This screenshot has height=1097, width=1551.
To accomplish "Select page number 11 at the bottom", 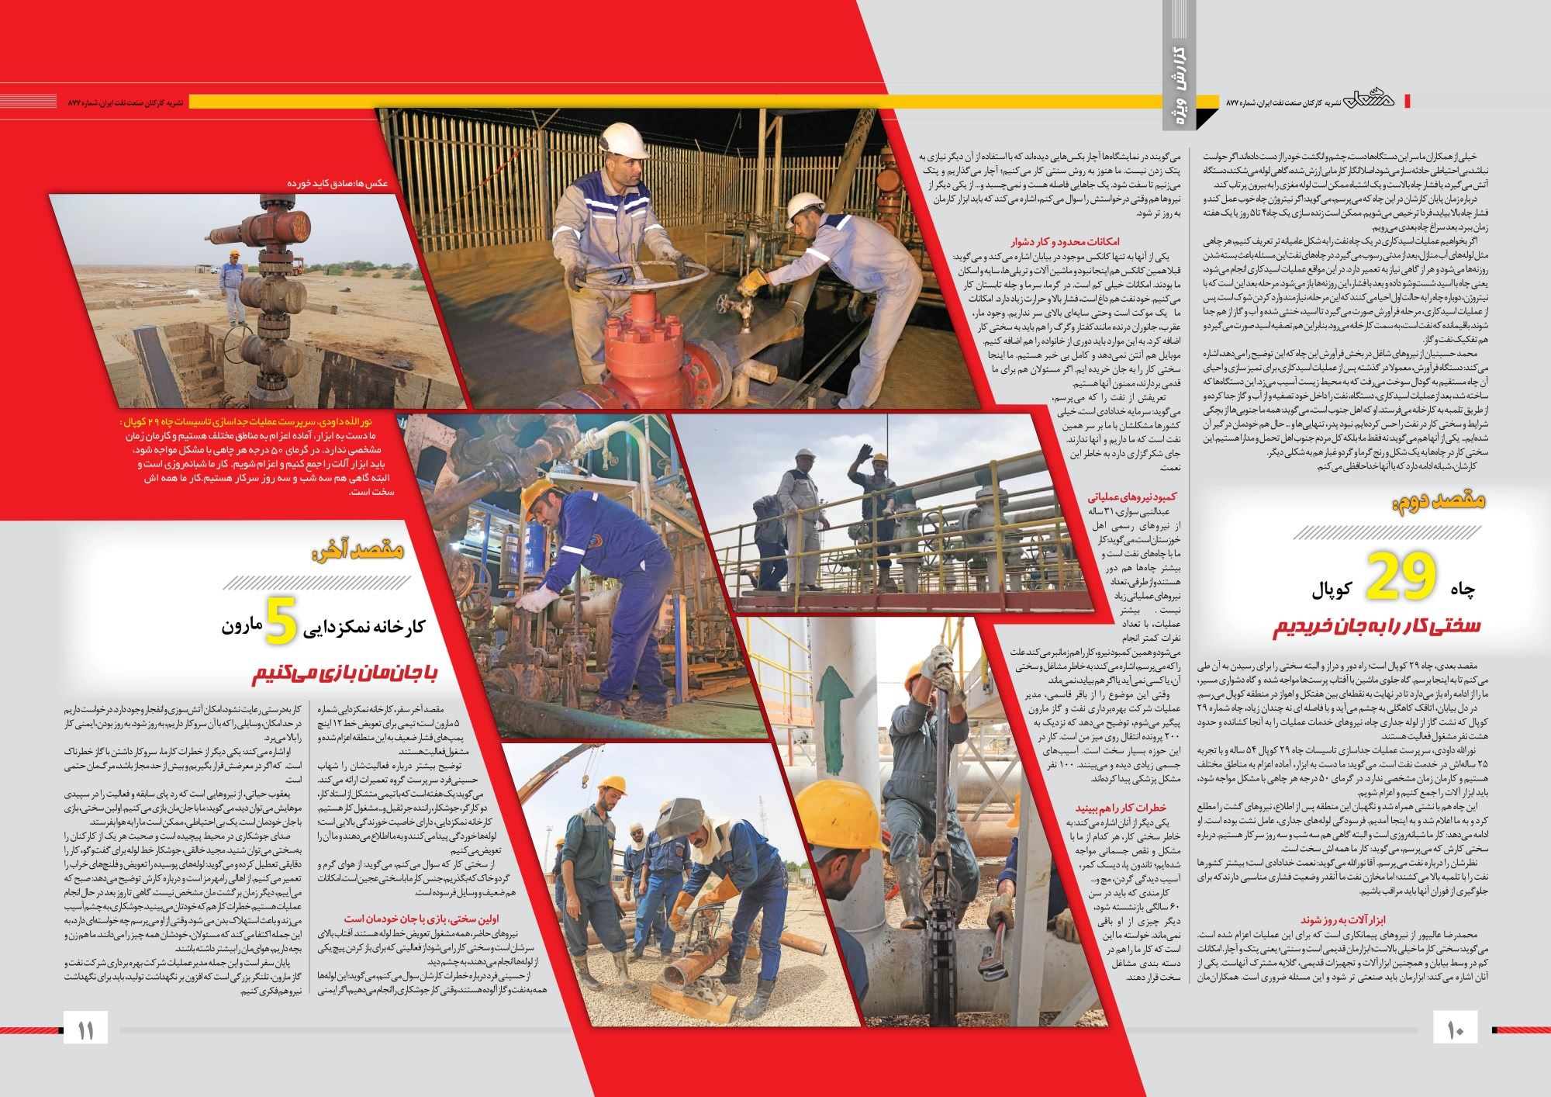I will (x=85, y=1031).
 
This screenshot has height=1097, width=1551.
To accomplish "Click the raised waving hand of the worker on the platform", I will (x=862, y=453).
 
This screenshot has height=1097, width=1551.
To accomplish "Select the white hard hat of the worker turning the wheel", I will (x=624, y=138).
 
